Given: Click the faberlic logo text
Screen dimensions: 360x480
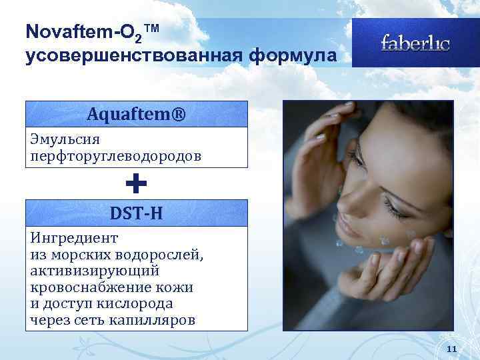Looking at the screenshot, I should coord(415,43).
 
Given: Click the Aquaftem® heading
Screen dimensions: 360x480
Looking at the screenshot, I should coord(137,114).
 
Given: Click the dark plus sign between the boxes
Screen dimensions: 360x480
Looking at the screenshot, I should coord(136,183).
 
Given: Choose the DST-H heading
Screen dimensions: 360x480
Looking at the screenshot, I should coord(136,213).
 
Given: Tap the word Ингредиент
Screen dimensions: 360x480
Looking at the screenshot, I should coord(74,238).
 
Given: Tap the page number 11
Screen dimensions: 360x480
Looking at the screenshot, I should coord(451,349).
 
